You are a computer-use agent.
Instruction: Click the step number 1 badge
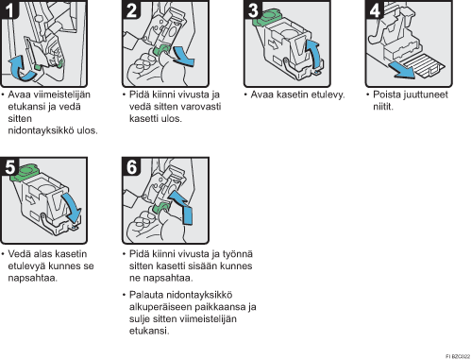8,9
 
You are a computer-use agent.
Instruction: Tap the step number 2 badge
131,9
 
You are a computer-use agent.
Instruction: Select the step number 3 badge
253,9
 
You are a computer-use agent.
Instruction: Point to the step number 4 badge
375,9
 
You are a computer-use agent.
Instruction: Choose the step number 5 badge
9,166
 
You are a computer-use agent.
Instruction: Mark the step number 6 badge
131,166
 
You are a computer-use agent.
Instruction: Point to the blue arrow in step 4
402,71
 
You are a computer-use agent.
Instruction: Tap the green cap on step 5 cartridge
24,172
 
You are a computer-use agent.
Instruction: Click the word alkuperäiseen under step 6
160,307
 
